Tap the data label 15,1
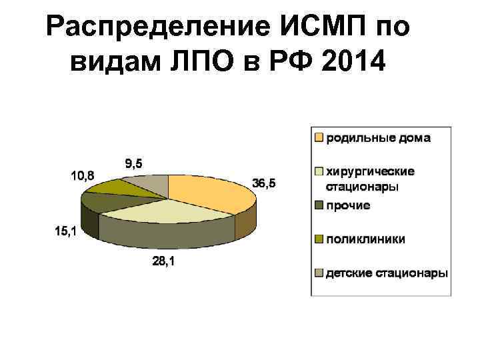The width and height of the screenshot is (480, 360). pos(66,231)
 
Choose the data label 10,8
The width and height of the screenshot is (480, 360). pos(83,175)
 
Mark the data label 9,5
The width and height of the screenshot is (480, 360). pos(133,163)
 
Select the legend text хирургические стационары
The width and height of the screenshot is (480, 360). pos(369,179)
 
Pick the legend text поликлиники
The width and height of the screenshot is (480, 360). pos(365,239)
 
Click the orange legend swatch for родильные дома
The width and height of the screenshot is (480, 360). pos(319,138)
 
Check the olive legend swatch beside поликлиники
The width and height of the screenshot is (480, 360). pos(319,239)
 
